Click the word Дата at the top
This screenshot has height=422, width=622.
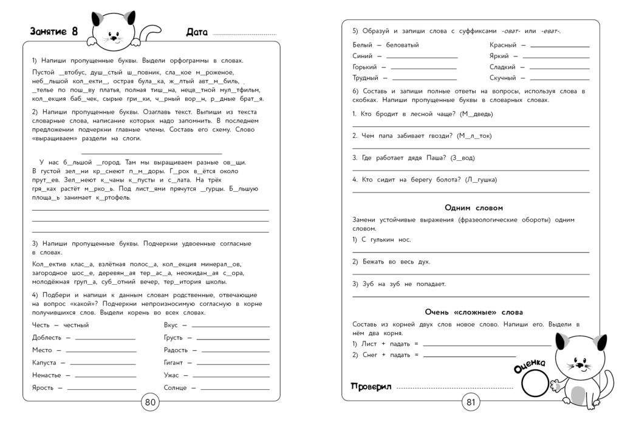click(x=197, y=33)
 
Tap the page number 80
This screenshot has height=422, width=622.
click(x=150, y=401)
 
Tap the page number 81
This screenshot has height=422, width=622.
click(x=470, y=401)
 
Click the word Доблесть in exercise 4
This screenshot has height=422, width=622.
click(x=47, y=338)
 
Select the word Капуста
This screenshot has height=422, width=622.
click(x=44, y=362)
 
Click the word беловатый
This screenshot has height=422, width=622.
click(x=403, y=45)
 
